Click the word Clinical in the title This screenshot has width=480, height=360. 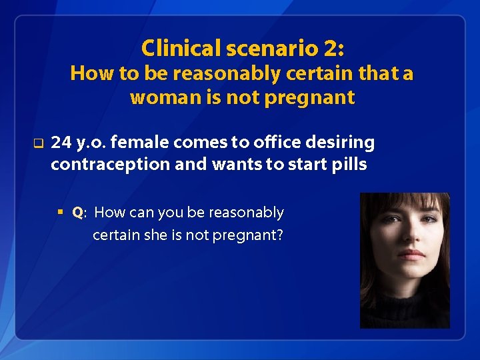click(x=181, y=48)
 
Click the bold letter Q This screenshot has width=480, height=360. click(x=77, y=213)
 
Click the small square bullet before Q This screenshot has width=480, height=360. click(x=60, y=213)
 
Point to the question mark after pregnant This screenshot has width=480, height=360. click(x=279, y=235)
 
